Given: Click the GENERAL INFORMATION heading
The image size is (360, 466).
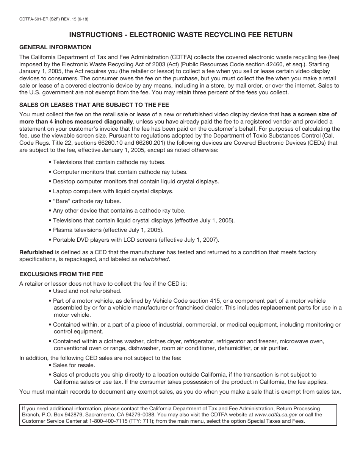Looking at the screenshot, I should (x=55, y=47).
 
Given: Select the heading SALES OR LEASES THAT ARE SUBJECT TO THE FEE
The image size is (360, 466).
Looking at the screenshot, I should (x=94, y=105).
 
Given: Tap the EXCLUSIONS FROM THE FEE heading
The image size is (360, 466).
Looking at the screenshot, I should (x=61, y=274).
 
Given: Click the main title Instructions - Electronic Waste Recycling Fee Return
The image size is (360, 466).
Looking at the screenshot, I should (x=181, y=35).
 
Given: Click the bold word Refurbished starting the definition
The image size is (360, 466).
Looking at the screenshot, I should (x=36, y=252).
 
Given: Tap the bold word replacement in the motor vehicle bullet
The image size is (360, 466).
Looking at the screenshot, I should (x=278, y=308).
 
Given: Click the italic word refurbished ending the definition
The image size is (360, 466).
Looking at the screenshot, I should (x=153, y=259).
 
